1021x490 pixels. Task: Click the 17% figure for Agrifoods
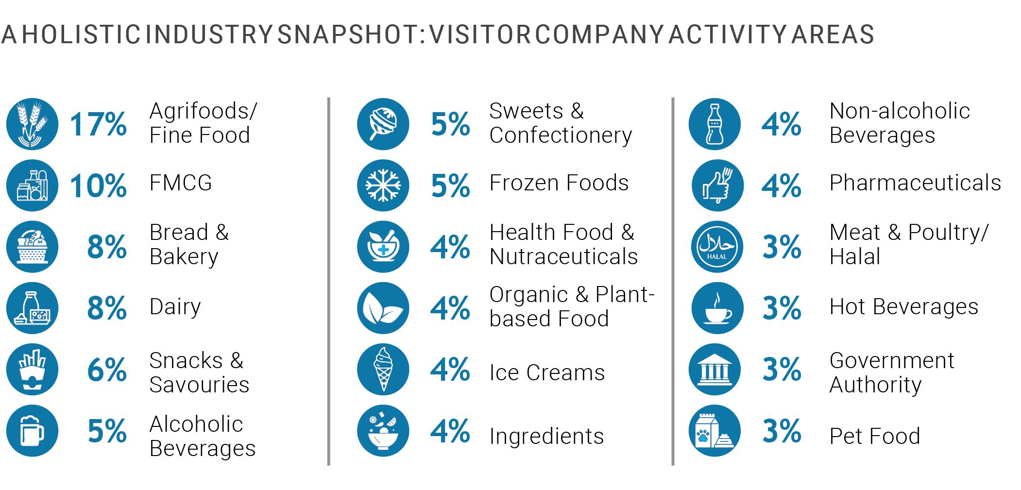pyautogui.click(x=98, y=124)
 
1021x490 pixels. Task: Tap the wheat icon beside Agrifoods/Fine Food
pyautogui.click(x=32, y=124)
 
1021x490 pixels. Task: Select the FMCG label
pyautogui.click(x=181, y=183)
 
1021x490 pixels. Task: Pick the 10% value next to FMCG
pyautogui.click(x=98, y=186)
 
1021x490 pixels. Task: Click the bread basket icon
pyautogui.click(x=32, y=247)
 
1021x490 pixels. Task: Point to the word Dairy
pyautogui.click(x=175, y=307)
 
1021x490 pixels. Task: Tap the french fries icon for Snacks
pyautogui.click(x=32, y=369)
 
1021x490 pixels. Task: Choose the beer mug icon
pyautogui.click(x=32, y=431)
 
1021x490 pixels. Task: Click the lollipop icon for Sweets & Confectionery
pyautogui.click(x=383, y=124)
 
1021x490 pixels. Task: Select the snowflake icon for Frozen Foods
pyautogui.click(x=383, y=186)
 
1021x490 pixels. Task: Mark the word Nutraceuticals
pyautogui.click(x=563, y=257)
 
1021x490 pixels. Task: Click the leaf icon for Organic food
pyautogui.click(x=383, y=308)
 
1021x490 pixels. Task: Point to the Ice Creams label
pyautogui.click(x=547, y=373)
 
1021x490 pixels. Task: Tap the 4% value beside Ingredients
pyautogui.click(x=450, y=431)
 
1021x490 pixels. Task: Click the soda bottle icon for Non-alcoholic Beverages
pyautogui.click(x=715, y=124)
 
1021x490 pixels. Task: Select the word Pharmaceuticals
pyautogui.click(x=915, y=183)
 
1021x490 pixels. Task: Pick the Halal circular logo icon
pyautogui.click(x=717, y=247)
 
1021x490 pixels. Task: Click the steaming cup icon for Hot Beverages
pyautogui.click(x=717, y=308)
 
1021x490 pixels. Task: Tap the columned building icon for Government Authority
pyautogui.click(x=715, y=369)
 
